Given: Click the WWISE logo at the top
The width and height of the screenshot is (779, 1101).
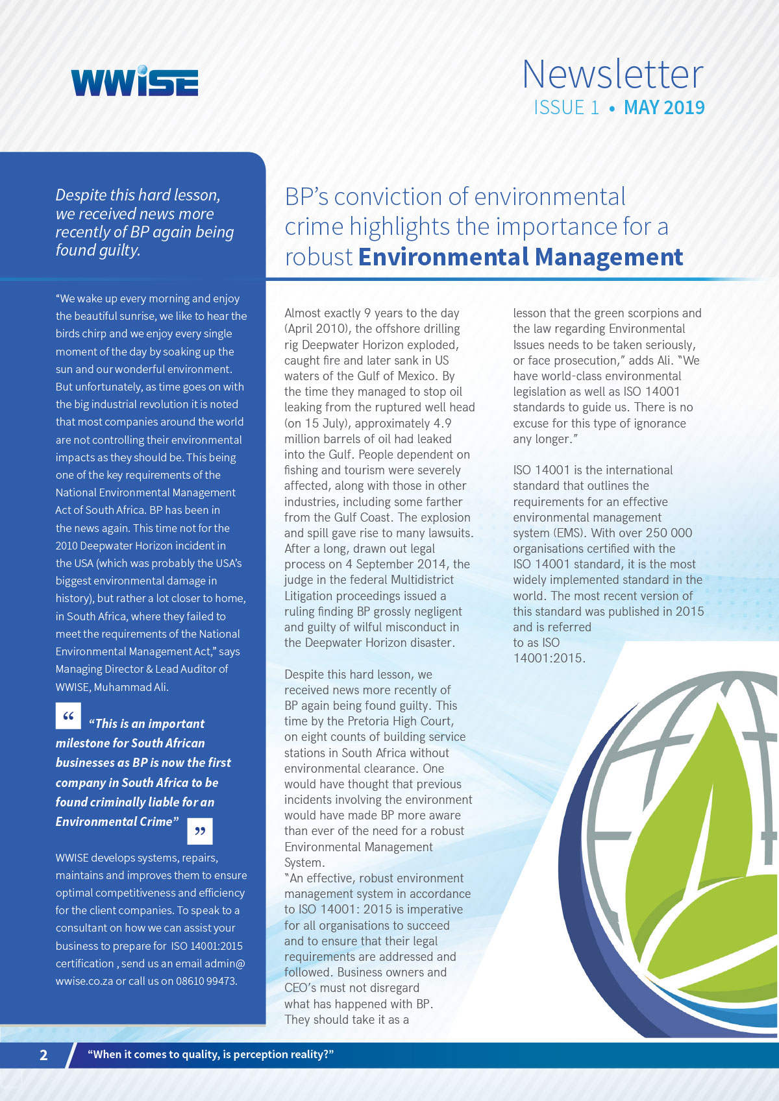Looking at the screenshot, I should click(134, 81).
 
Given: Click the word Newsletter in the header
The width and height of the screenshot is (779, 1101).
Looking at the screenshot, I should click(612, 74).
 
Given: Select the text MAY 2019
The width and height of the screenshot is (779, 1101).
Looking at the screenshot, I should click(664, 108).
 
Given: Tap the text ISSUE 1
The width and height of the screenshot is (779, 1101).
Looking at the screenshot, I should click(566, 108).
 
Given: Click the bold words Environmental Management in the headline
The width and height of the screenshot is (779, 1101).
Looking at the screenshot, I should click(521, 258).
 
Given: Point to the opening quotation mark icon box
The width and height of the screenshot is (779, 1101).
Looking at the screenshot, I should click(68, 716).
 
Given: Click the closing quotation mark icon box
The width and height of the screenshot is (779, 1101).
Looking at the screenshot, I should click(199, 831).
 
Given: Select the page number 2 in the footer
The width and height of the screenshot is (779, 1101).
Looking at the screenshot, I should click(43, 1055).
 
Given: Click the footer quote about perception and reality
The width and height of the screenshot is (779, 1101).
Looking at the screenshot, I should click(210, 1055).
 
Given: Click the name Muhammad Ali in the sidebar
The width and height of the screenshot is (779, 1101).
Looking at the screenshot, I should click(130, 687).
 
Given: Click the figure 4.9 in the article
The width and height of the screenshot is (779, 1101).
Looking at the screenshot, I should click(442, 424).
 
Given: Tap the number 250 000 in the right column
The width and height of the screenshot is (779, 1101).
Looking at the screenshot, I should click(669, 533).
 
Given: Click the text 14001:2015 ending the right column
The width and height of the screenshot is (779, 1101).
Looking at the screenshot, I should click(549, 659).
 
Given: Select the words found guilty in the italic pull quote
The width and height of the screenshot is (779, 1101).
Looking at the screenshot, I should click(97, 250).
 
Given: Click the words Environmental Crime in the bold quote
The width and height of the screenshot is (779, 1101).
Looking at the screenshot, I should click(114, 822).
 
